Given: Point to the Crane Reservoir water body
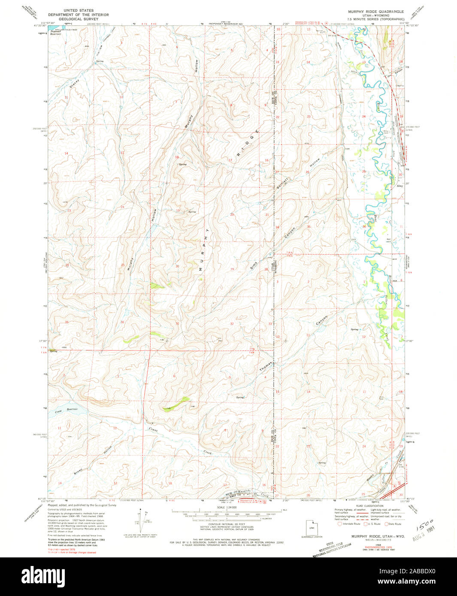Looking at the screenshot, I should [69, 412].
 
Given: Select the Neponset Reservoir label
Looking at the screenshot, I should [56, 32].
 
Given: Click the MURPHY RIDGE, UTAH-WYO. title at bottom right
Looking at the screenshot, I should [372, 536].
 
